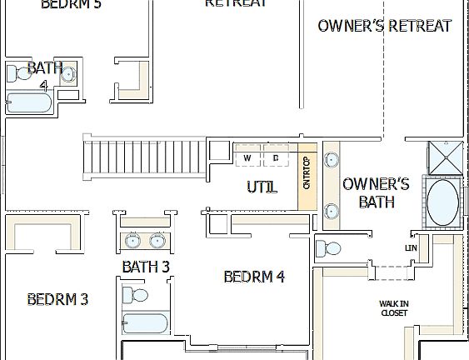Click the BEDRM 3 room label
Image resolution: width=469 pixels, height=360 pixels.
point(57,299)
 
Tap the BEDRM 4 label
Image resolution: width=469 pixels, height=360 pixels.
point(254,277)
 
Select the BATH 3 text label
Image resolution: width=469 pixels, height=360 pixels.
point(146,267)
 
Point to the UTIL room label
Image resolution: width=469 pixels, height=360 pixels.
point(261,187)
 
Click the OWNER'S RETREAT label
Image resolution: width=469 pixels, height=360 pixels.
point(384,26)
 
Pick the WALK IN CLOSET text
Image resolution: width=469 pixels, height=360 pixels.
point(394,308)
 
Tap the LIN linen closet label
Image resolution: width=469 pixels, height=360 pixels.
point(411,247)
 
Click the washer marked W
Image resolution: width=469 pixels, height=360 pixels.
point(247,157)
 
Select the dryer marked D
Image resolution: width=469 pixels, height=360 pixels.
point(276,157)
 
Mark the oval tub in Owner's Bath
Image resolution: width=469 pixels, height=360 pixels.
point(442,202)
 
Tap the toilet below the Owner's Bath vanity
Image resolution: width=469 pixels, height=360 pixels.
point(329,248)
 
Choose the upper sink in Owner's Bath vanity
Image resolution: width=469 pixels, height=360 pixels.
point(331,159)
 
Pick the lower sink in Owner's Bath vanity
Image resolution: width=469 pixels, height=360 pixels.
point(331,210)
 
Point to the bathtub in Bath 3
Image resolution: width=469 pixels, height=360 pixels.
point(146,322)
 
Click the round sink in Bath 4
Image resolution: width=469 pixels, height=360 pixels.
point(69,74)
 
